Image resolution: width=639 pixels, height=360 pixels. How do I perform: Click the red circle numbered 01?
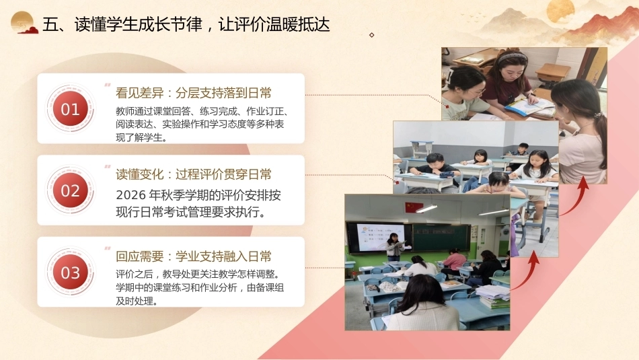coord(70,109)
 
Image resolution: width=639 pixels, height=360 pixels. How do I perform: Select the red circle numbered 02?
coord(70,190)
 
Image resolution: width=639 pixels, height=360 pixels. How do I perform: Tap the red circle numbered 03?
coord(70,273)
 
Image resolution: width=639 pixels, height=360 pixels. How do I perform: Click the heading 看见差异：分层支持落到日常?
coord(194,93)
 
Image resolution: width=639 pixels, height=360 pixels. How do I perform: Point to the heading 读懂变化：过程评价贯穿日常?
coord(194,174)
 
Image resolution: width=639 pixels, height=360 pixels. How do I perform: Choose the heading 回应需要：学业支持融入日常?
coord(194,256)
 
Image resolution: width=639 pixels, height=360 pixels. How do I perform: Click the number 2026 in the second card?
coord(130,195)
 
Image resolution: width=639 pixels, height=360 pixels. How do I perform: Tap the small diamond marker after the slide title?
coord(372,35)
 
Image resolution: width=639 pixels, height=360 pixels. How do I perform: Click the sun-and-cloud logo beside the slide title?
coord(24,22)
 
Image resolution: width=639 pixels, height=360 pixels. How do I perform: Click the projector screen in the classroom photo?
coord(380,237)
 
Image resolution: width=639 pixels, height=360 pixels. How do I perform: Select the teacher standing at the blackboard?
coord(394,246)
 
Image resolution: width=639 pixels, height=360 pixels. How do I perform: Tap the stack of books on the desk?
coord(494,297)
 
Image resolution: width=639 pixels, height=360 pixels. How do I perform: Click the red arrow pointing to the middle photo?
coord(526,271)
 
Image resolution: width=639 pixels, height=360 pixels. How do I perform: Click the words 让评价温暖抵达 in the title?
coord(274,24)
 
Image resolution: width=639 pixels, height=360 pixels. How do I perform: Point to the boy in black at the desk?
coord(435,167)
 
